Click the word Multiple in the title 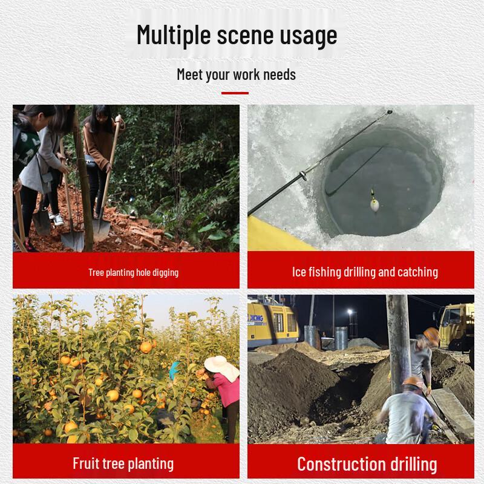174,35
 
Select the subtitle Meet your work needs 237,74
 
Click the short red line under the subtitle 235,93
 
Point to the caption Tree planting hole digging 133,273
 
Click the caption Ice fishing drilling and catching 365,272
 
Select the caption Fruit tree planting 123,463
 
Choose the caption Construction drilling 367,464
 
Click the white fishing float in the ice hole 374,204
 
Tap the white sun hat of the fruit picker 221,367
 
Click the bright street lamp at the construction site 350,312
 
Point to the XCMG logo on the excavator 255,318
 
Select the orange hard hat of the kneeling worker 413,382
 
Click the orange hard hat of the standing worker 431,336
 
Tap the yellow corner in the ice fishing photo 272,235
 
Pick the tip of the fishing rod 390,112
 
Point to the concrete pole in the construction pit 399,342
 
